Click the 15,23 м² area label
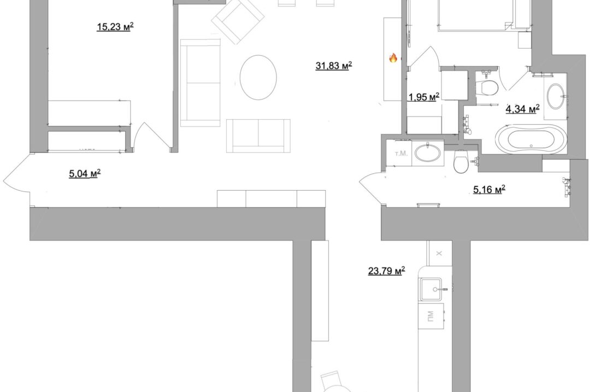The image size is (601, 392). (115, 26)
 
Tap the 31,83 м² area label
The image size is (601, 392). (333, 66)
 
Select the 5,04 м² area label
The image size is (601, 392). (85, 174)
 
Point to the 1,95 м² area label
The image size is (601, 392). (424, 97)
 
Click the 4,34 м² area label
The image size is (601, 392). (522, 109)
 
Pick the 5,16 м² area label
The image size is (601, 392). (489, 189)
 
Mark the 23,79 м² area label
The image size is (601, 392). (386, 271)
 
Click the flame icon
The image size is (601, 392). (393, 58)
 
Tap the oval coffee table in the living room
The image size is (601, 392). (258, 77)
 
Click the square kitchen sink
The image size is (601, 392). (433, 289)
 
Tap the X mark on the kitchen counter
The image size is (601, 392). (439, 253)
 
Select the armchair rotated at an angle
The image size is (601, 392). (238, 21)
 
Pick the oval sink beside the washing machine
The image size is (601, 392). (428, 153)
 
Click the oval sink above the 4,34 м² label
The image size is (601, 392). (555, 96)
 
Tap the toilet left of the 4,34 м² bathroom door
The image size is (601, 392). (488, 86)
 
